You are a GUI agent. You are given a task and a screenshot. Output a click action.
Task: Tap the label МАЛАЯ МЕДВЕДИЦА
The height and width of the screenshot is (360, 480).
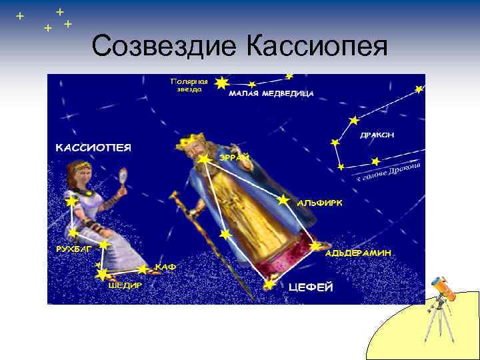(x=271, y=94)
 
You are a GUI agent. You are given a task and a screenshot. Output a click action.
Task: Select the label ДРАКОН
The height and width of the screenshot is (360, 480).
(x=377, y=135)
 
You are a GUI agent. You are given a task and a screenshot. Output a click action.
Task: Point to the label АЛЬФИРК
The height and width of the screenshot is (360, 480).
(x=320, y=203)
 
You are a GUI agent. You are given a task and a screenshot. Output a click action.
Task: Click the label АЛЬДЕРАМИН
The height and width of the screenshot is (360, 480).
(x=357, y=253)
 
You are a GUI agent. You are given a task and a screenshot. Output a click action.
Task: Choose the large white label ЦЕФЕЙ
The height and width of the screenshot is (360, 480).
(x=310, y=287)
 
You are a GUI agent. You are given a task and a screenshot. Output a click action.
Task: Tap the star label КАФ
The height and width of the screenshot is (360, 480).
(x=166, y=267)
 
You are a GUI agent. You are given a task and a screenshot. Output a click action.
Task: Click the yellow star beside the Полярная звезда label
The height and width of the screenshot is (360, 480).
(x=222, y=82)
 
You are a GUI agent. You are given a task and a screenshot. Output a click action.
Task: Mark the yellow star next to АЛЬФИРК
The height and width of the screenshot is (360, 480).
(x=283, y=199)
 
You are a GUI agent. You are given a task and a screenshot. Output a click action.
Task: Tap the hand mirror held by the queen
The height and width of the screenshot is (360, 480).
(x=122, y=176)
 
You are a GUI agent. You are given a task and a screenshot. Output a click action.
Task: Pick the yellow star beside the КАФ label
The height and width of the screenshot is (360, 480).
(x=143, y=269)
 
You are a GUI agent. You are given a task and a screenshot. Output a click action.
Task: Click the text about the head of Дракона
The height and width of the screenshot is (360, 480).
(x=389, y=172)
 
